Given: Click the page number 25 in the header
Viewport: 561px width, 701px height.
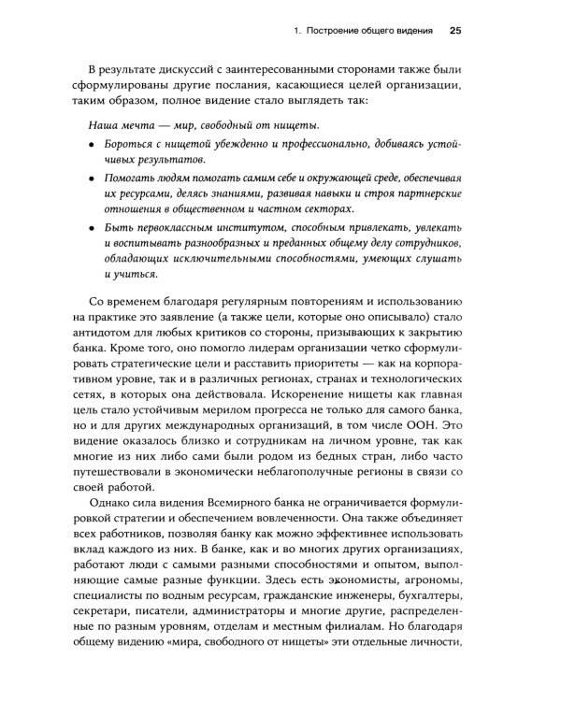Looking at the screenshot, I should (x=455, y=31).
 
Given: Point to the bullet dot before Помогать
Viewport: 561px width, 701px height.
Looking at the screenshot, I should (x=92, y=178).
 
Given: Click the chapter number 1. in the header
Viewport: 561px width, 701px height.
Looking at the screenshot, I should (x=297, y=32).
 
